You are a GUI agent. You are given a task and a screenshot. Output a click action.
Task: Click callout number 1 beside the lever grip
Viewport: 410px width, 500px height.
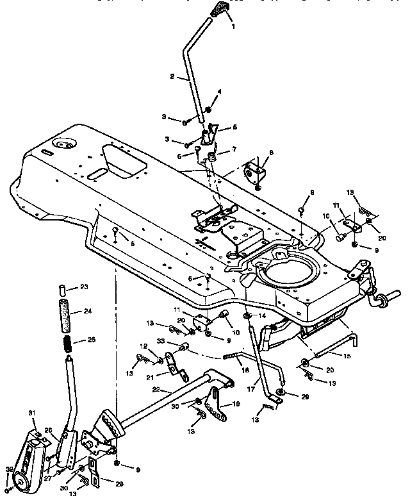click(233, 27)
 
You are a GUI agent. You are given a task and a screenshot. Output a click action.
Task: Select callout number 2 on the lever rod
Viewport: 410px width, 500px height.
click(172, 76)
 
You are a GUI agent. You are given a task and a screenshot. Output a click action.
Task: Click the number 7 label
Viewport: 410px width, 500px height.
click(234, 149)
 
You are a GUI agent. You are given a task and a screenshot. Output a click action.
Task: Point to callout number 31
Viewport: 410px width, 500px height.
click(30, 412)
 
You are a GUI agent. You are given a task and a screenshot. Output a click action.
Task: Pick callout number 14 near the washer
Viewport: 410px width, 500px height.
click(261, 317)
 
